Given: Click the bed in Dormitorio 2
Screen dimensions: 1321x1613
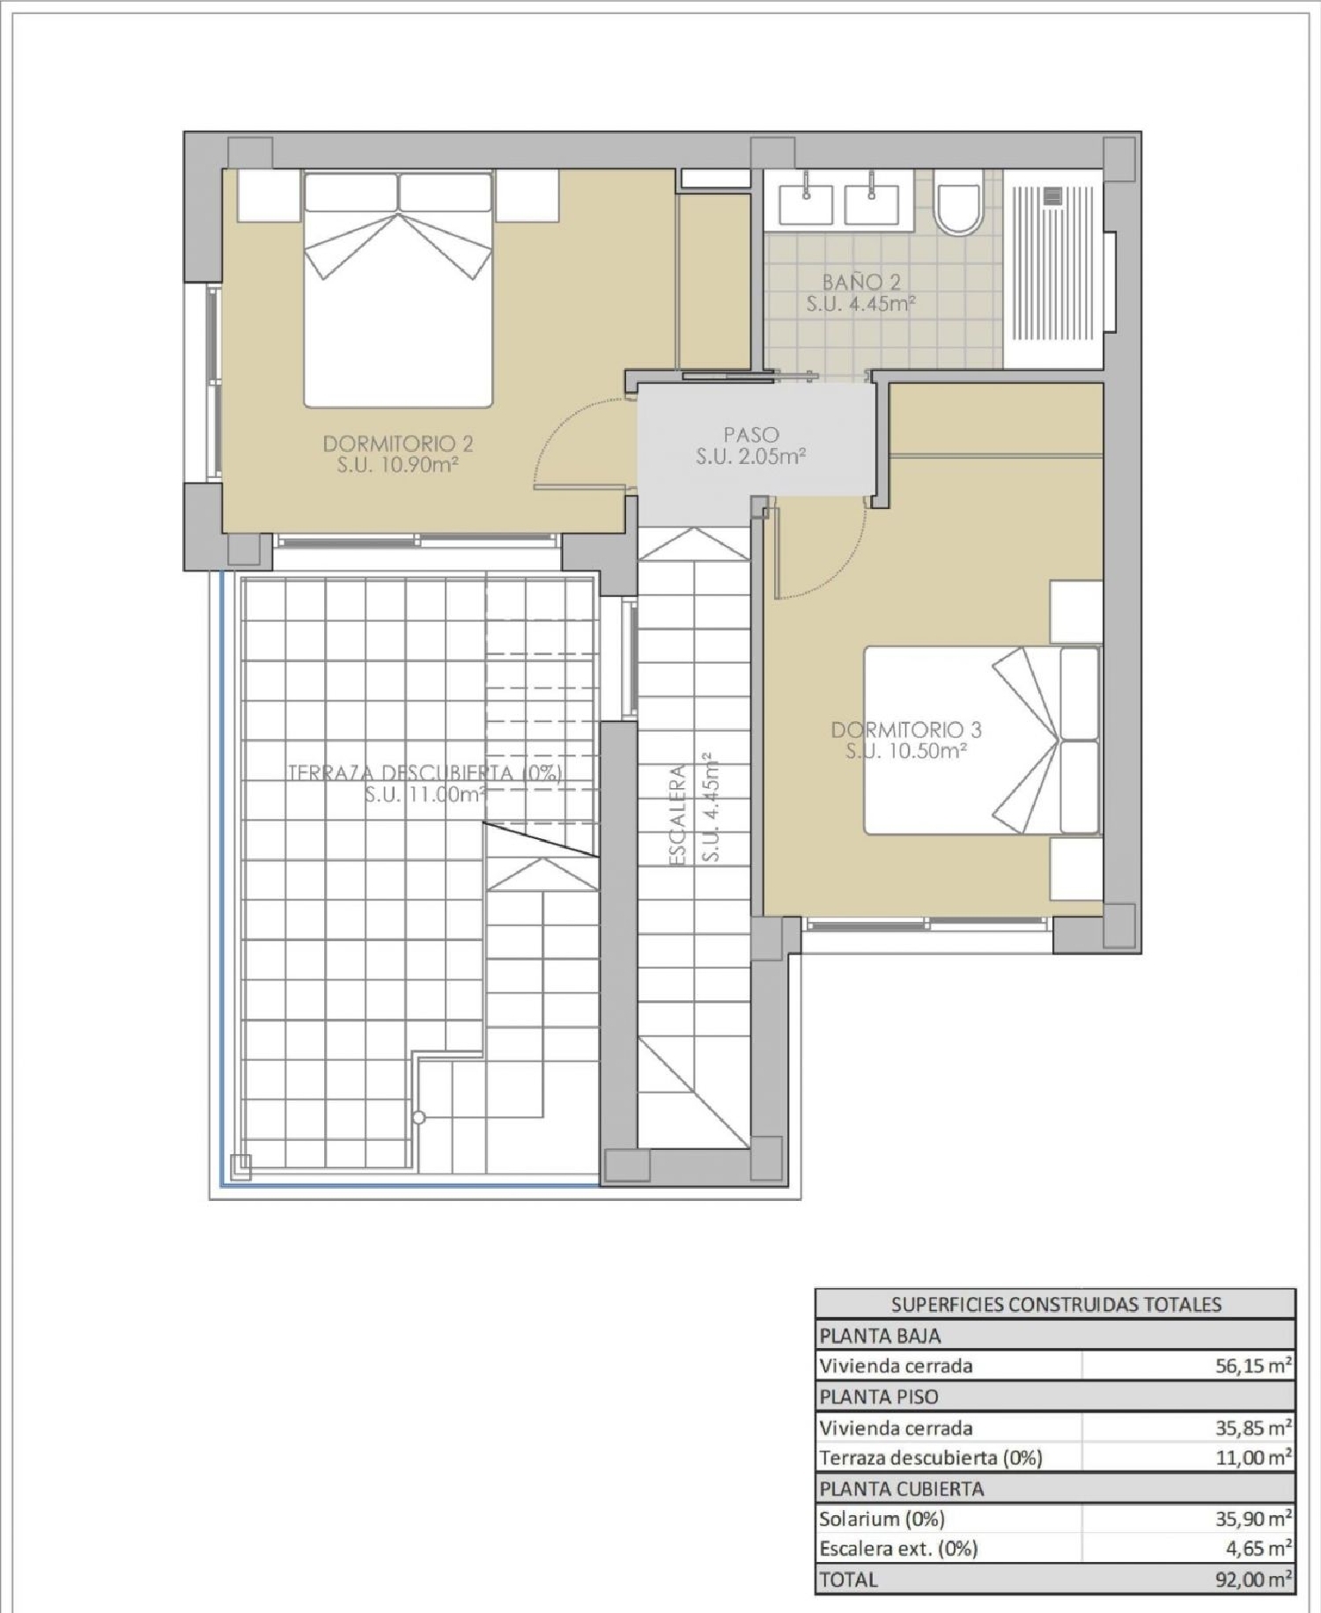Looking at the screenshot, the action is [x=398, y=289].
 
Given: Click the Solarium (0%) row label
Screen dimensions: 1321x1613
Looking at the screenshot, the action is [x=882, y=1519].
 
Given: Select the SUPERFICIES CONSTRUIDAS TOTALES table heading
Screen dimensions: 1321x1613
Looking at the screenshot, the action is [x=1056, y=1305].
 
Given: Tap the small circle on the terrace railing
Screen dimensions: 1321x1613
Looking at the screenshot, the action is [x=419, y=1118].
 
